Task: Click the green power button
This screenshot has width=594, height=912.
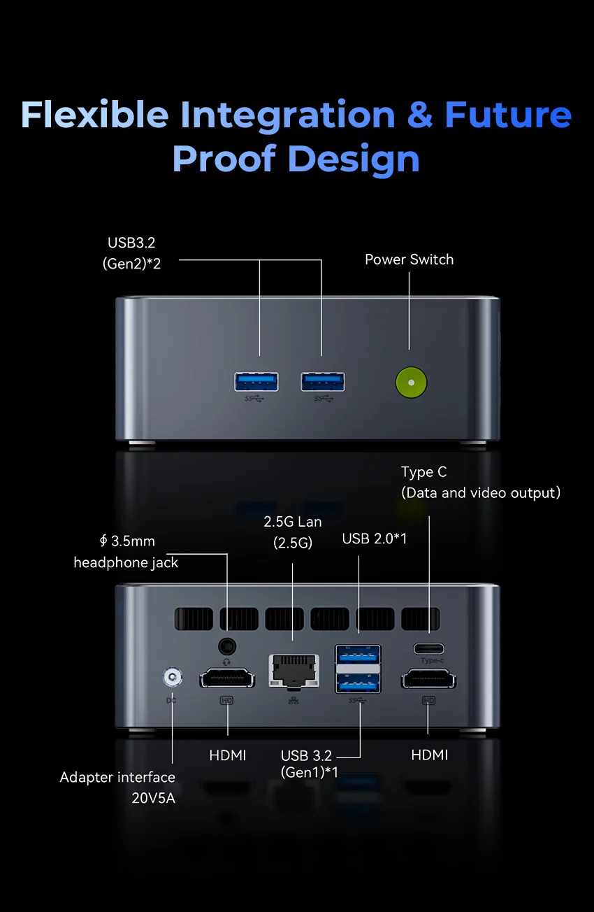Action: (411, 383)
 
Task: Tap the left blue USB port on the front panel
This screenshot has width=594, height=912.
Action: (256, 381)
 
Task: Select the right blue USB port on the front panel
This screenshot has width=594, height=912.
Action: (323, 381)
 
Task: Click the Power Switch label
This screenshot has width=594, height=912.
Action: (409, 259)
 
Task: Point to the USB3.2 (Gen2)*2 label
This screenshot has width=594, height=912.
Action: (133, 253)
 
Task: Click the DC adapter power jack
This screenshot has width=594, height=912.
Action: (172, 677)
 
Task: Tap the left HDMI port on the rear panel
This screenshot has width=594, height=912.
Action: (227, 678)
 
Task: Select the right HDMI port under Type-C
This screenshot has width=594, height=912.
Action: (428, 678)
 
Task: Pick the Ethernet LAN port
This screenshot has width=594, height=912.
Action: (294, 671)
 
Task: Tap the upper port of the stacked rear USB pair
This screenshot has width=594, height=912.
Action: (358, 655)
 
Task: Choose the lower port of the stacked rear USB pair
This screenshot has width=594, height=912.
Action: (358, 682)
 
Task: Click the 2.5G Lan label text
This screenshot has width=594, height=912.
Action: (293, 522)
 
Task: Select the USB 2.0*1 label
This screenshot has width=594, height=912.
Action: (375, 539)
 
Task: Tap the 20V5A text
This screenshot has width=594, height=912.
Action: (153, 797)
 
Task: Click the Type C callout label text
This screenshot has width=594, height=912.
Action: (423, 472)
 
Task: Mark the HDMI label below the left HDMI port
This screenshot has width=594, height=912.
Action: (228, 755)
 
